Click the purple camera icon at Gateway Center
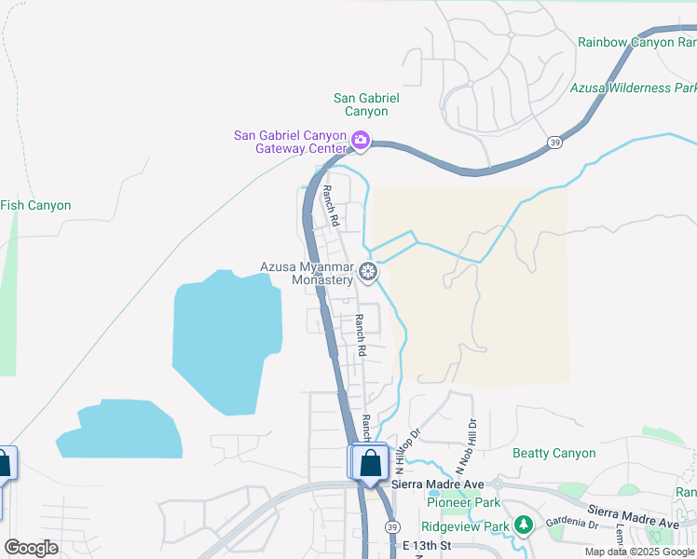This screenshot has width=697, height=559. click(x=361, y=142)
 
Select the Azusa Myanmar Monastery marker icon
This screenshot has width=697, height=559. click(x=368, y=272)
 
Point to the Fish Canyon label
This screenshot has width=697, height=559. click(x=35, y=205)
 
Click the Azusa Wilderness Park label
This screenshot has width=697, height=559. click(x=633, y=88)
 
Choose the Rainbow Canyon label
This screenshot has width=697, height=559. click(x=636, y=42)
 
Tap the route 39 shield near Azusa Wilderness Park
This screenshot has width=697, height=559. click(x=554, y=142)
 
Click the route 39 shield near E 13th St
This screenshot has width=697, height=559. click(x=391, y=525)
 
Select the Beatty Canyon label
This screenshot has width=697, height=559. click(x=554, y=454)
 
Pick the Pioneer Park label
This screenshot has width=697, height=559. click(x=458, y=502)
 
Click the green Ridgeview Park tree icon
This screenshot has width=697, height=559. click(x=524, y=525)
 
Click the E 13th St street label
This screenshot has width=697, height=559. click(x=427, y=545)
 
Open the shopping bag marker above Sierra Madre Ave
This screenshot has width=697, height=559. click(x=370, y=462)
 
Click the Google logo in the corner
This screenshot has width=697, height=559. click(x=31, y=548)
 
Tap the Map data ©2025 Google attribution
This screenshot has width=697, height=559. click(x=639, y=552)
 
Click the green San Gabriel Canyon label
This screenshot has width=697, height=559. click(x=361, y=104)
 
